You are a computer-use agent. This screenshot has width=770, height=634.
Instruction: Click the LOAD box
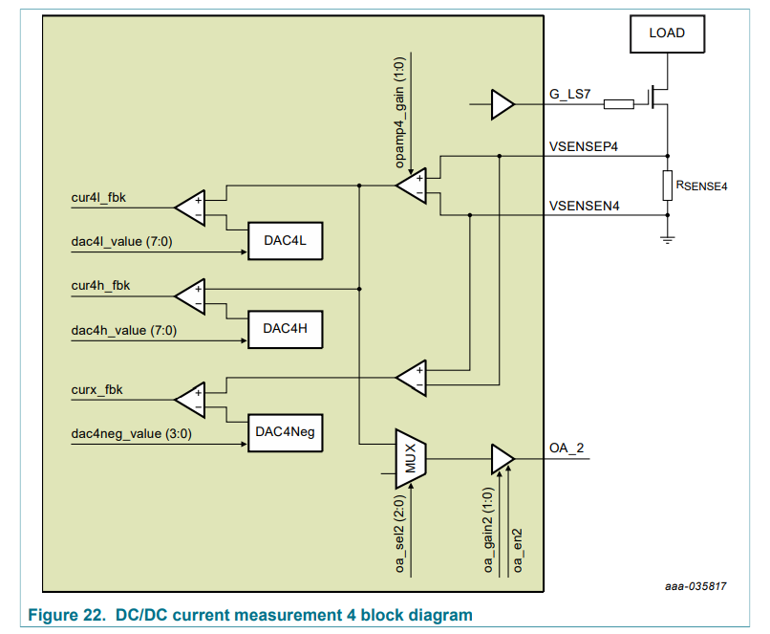667,33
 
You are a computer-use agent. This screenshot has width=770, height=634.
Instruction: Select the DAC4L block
285,241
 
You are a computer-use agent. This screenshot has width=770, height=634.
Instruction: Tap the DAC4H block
285,328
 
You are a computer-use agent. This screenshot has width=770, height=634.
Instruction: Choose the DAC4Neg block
285,433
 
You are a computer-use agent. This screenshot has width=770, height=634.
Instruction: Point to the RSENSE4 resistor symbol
667,186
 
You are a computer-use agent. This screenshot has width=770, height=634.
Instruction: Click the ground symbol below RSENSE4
667,238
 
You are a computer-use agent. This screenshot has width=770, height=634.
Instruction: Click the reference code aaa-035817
696,585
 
